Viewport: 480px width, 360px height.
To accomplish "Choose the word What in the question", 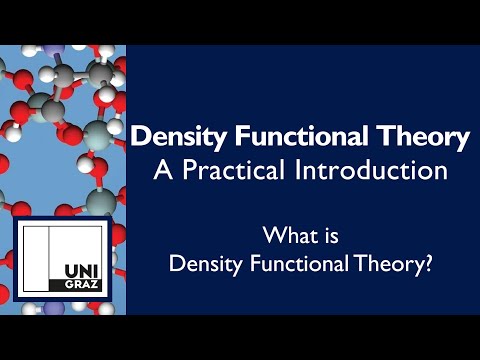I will click(x=288, y=237).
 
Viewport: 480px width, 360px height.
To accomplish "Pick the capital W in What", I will click(x=273, y=237).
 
